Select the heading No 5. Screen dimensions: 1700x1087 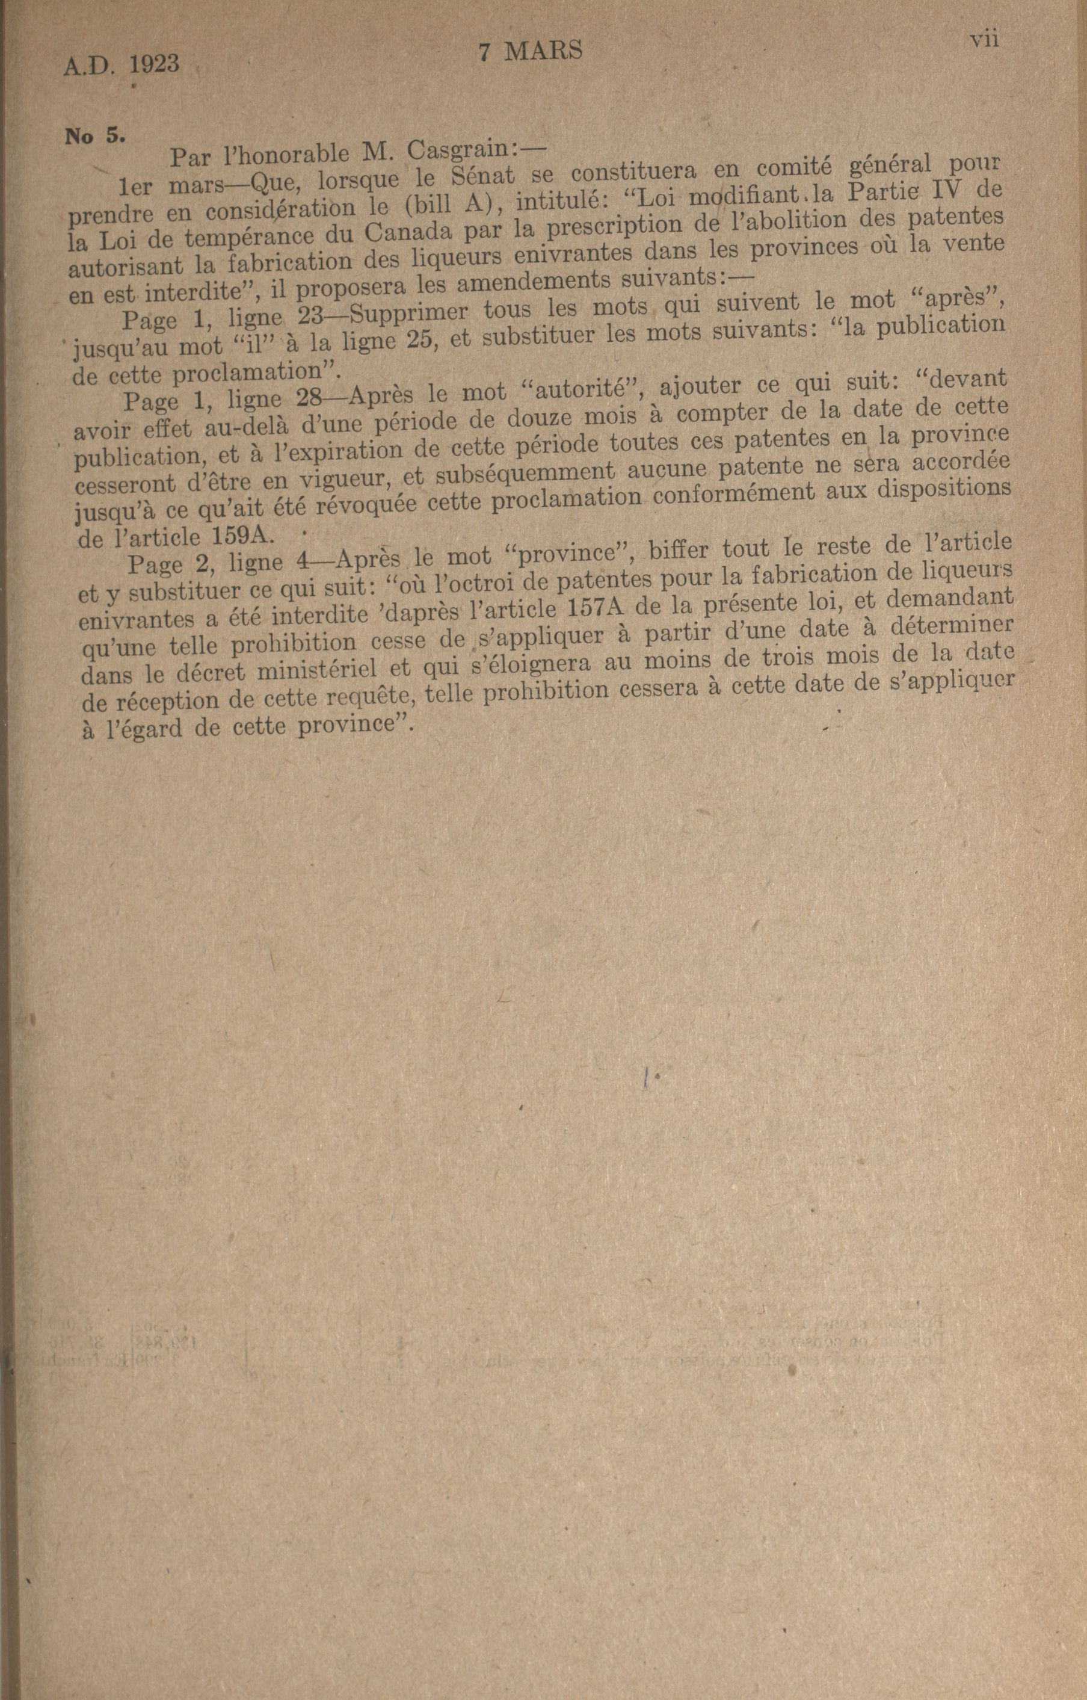point(94,136)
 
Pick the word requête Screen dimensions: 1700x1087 point(366,697)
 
